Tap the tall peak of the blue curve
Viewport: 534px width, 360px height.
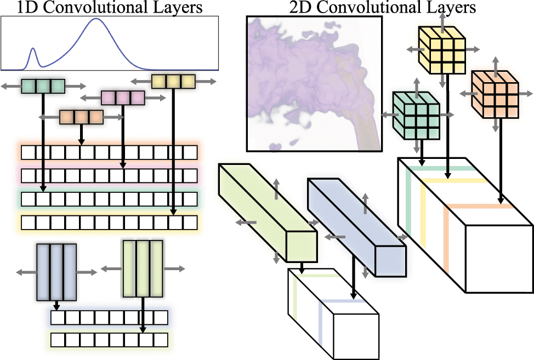(96, 19)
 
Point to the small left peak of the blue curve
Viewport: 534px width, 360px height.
(33, 49)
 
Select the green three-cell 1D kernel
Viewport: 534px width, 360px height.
(43, 86)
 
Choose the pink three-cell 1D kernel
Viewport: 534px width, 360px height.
(123, 98)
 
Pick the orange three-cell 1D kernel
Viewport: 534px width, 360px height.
(81, 117)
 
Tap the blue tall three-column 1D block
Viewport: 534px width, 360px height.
(55, 272)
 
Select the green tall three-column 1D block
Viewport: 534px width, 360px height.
(143, 268)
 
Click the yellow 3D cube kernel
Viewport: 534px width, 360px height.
(442, 49)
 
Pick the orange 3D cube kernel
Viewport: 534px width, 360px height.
(495, 94)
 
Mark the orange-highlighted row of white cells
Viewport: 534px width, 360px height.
(109, 152)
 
